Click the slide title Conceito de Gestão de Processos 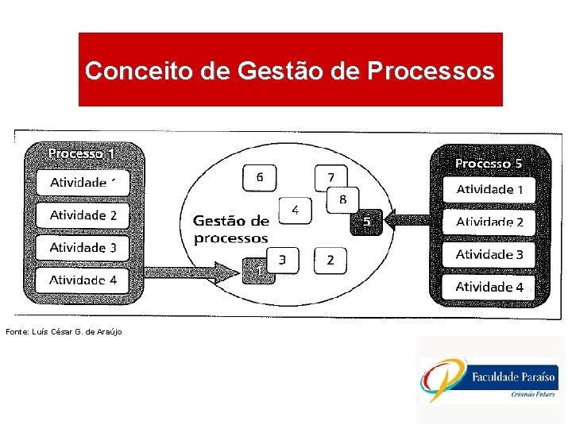pos(290,71)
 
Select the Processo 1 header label pos(82,153)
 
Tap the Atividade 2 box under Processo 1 pos(83,215)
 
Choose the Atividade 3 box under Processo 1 pos(83,248)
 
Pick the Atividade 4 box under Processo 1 pos(83,280)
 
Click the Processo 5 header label pos(488,164)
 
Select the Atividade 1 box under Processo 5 pos(489,190)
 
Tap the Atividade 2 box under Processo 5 pos(489,222)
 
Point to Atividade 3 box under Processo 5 pos(489,255)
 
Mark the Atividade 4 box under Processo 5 pos(489,287)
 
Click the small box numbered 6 pos(260,177)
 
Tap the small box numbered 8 pos(343,199)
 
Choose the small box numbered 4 pos(295,211)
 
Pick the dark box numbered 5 pos(366,222)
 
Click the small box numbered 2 pos(330,260)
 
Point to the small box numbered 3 pos(283,259)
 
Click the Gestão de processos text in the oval pos(231,229)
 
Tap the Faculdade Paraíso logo pos(490,380)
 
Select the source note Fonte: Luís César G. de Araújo pos(64,330)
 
